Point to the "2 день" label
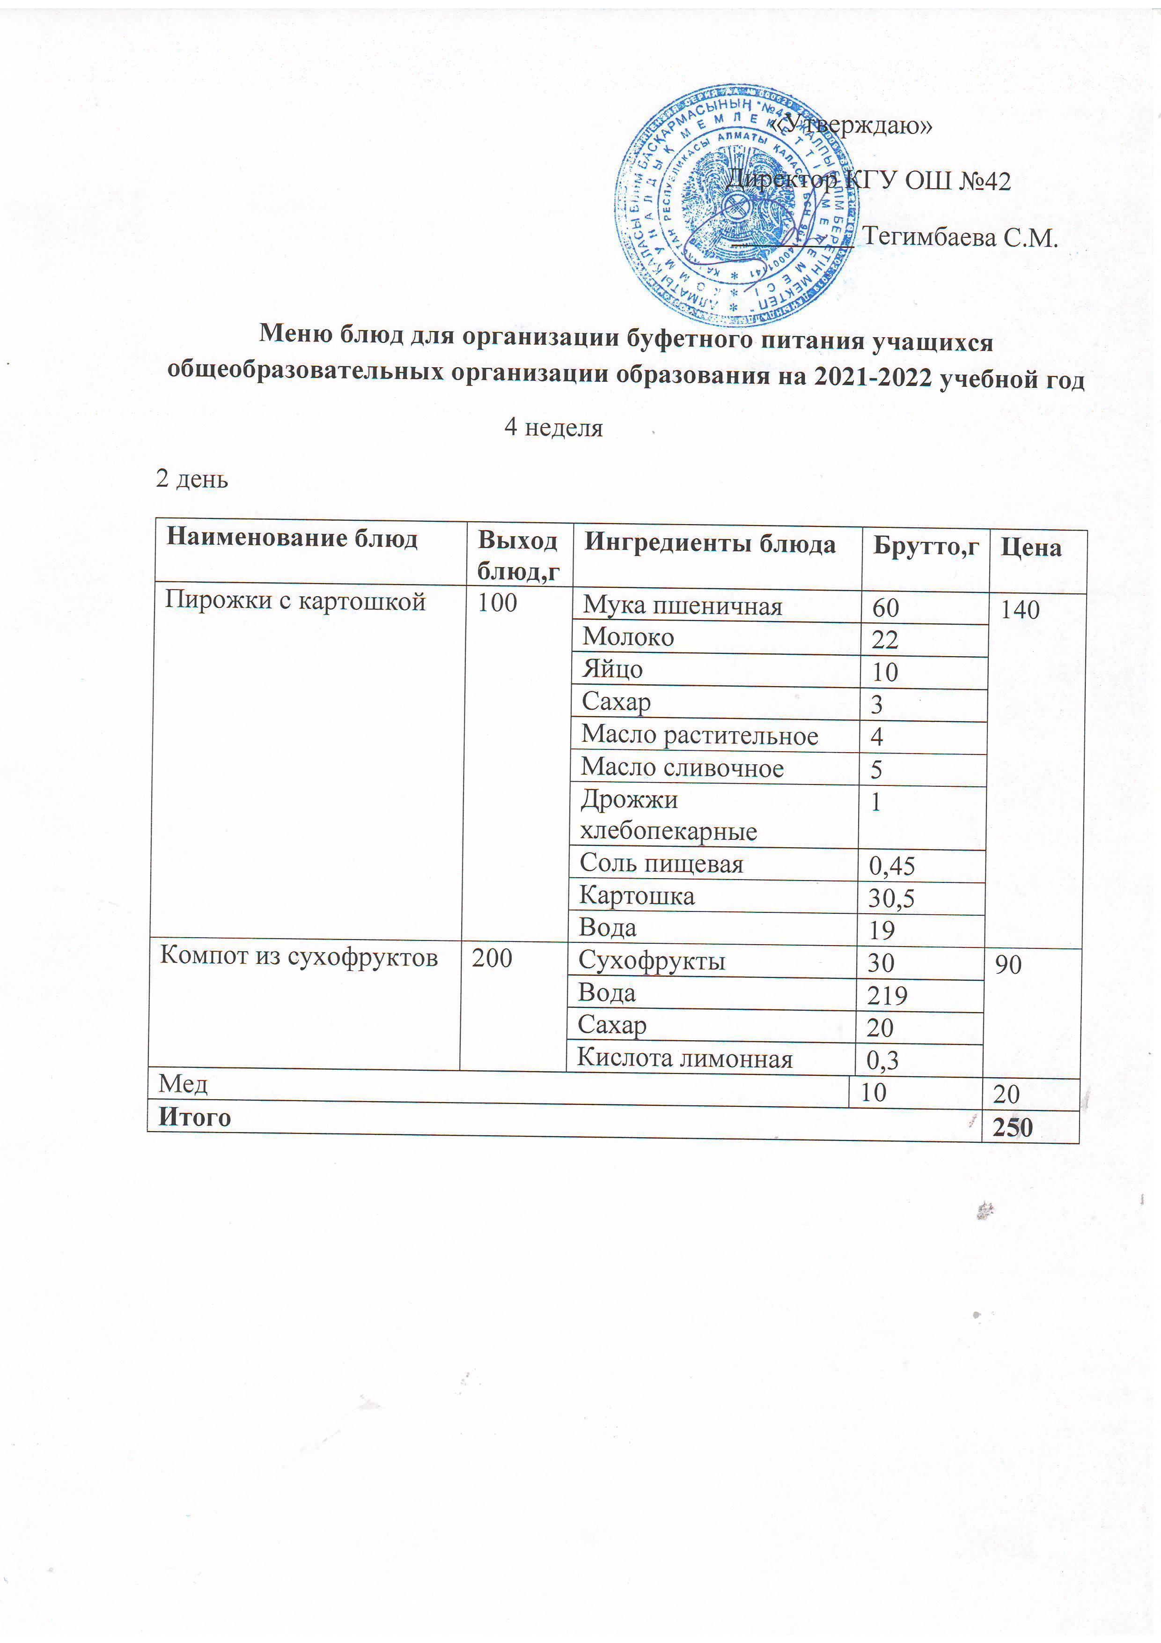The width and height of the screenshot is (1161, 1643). [x=192, y=479]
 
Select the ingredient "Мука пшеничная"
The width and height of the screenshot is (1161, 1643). [x=683, y=606]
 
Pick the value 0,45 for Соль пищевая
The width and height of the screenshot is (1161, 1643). [x=891, y=866]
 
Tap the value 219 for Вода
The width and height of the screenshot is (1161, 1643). [x=887, y=995]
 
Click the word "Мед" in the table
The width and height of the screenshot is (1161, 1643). [x=183, y=1084]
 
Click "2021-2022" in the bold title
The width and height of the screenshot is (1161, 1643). [x=872, y=377]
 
